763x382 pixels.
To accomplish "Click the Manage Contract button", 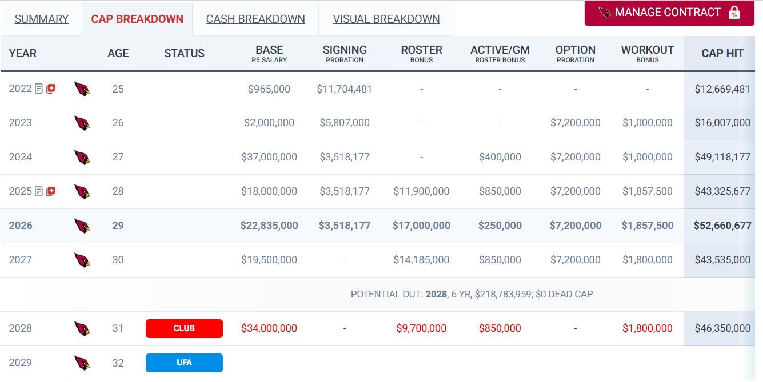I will pyautogui.click(x=669, y=13).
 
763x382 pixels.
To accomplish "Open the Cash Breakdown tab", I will pyautogui.click(x=255, y=19).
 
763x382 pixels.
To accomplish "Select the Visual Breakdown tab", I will pyautogui.click(x=386, y=19).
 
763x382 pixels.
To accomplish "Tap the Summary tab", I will pyautogui.click(x=41, y=19).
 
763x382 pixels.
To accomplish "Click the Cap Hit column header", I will pyautogui.click(x=722, y=53).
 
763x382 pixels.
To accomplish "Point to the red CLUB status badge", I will pyautogui.click(x=184, y=328).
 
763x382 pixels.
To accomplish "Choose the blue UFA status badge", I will pyautogui.click(x=184, y=363).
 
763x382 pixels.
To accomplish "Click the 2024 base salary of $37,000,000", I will pyautogui.click(x=269, y=157).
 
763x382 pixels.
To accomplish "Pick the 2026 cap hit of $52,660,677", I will pyautogui.click(x=722, y=226).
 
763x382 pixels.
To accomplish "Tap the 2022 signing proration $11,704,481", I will pyautogui.click(x=345, y=89).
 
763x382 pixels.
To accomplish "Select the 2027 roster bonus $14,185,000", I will pyautogui.click(x=421, y=260).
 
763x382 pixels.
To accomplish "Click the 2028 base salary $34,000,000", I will pyautogui.click(x=269, y=328).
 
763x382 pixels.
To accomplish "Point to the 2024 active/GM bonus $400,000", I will pyautogui.click(x=500, y=157).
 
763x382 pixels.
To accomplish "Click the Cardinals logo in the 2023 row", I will pyautogui.click(x=82, y=123).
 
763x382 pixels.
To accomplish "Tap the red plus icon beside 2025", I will pyautogui.click(x=50, y=191).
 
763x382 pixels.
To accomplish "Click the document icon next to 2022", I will pyautogui.click(x=39, y=89).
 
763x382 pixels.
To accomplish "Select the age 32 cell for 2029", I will pyautogui.click(x=118, y=363).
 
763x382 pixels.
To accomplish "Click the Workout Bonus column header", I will pyautogui.click(x=648, y=53).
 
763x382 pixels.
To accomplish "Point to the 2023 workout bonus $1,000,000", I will pyautogui.click(x=648, y=123).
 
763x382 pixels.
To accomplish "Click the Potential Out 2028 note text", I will pyautogui.click(x=472, y=294).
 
